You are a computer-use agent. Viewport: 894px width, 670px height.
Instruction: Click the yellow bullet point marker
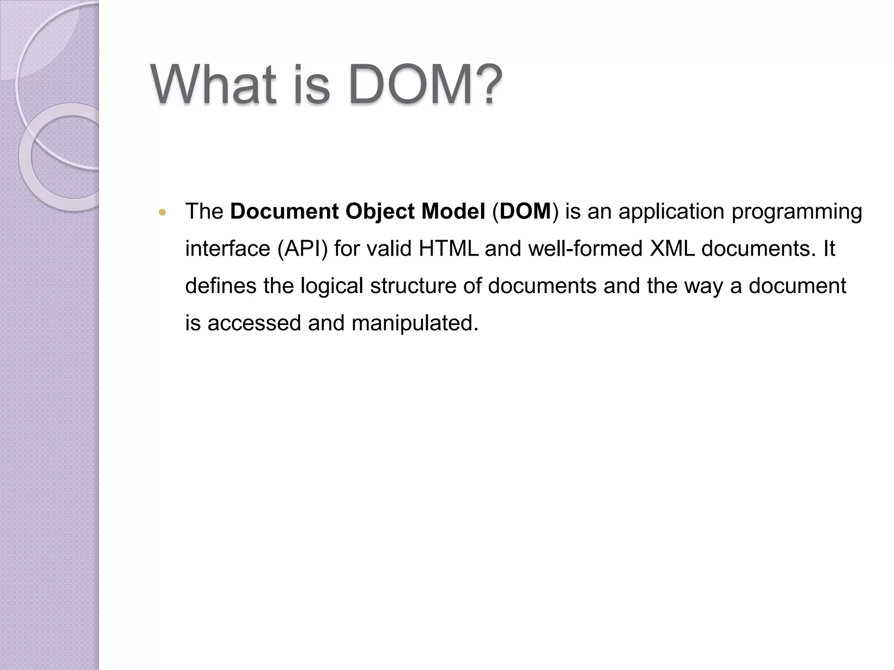click(x=163, y=213)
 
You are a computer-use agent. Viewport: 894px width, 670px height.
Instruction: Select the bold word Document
click(x=284, y=212)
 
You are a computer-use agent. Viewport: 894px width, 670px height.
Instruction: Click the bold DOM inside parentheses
click(x=525, y=212)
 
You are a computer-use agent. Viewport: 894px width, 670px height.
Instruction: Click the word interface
click(x=227, y=249)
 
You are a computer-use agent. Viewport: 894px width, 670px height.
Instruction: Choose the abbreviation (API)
click(x=302, y=249)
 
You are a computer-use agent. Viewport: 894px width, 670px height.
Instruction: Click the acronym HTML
click(x=448, y=249)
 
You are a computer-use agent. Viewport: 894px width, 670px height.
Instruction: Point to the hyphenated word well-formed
click(x=585, y=249)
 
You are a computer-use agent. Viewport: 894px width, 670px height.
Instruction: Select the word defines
click(x=221, y=286)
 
